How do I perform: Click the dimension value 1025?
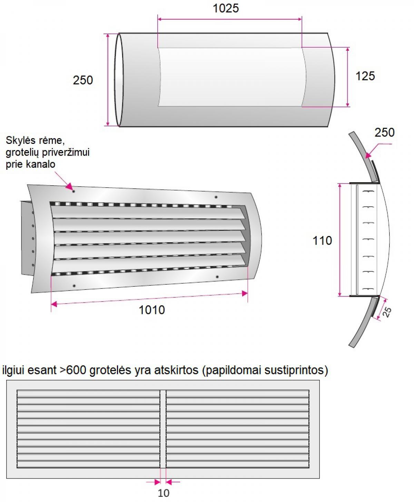coord(226,8)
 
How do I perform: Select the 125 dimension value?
coord(365,76)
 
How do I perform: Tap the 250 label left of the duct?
coord(83,80)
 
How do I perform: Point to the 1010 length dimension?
coord(152,310)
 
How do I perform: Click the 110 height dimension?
coord(322,240)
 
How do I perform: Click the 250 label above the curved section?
coord(384,132)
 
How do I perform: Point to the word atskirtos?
coord(176,370)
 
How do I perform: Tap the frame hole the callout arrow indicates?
coord(73,191)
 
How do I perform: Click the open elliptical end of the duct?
coord(119,80)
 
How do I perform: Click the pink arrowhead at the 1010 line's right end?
coord(245,293)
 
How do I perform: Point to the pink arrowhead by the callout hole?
coord(69,186)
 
